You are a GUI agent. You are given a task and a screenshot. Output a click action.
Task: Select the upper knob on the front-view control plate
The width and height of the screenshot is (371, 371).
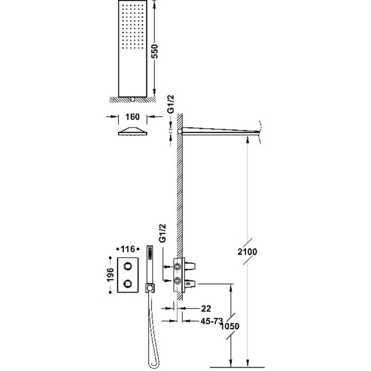tap(127, 266)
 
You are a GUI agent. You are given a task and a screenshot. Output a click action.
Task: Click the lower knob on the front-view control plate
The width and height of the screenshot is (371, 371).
tap(127, 283)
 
